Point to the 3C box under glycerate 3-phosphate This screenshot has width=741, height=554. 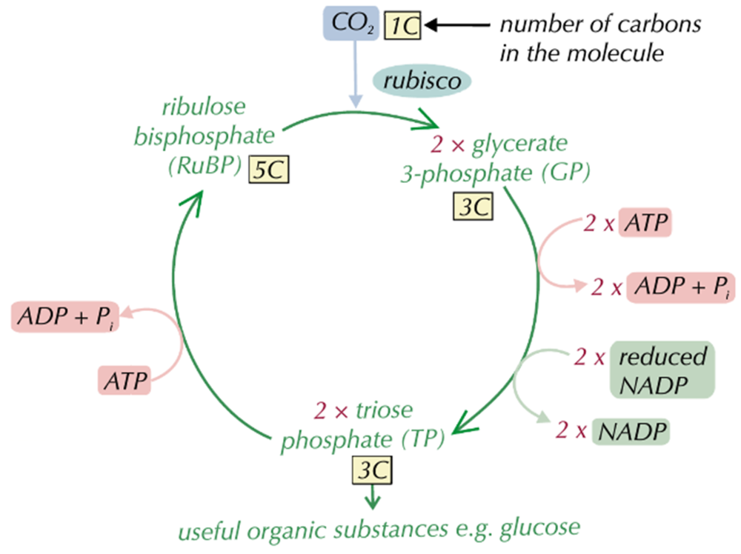click(472, 207)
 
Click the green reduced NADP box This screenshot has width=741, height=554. click(662, 369)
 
